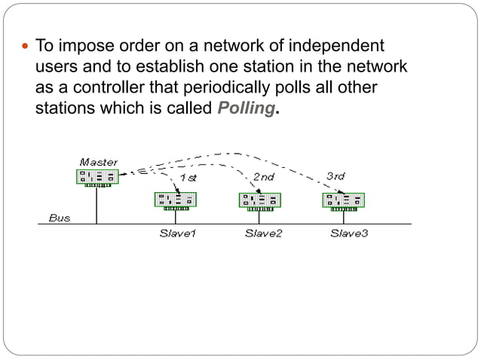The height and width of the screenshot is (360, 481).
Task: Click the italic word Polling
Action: [x=246, y=108]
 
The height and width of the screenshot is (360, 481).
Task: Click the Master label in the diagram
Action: [x=98, y=162]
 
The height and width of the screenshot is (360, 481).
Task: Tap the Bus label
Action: [x=60, y=218]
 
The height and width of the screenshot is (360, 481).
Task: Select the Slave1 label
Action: [x=177, y=233]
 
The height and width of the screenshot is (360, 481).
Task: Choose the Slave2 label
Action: [x=263, y=233]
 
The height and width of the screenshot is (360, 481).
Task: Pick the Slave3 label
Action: [x=349, y=233]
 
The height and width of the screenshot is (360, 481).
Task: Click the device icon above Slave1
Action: [x=176, y=200]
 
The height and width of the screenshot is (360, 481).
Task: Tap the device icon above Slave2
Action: [x=260, y=200]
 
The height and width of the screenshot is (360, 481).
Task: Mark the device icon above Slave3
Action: [x=344, y=200]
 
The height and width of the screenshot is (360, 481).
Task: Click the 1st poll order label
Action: [x=188, y=178]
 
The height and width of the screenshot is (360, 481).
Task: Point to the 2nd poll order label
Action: [x=263, y=176]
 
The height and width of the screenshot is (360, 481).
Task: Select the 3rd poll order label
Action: [x=335, y=176]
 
